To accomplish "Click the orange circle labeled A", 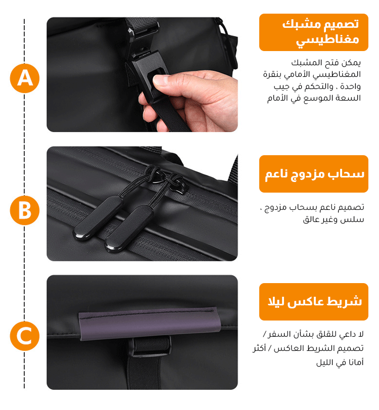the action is point(25,78).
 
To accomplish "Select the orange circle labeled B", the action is point(25,210).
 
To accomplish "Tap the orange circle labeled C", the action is point(25,336).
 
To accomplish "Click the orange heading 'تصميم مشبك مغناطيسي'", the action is point(314,32).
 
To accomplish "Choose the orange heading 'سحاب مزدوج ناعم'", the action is point(314,174).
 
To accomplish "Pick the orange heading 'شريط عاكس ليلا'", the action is point(314,302).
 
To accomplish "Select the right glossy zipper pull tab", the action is point(129,229).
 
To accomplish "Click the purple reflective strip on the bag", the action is point(150,324).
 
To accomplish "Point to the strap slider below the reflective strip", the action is point(151,346).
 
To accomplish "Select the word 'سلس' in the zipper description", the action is point(355,219).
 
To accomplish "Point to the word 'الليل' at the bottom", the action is point(324,362).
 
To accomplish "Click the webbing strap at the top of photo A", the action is point(141,24).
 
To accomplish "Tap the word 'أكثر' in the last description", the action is point(259,348).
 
